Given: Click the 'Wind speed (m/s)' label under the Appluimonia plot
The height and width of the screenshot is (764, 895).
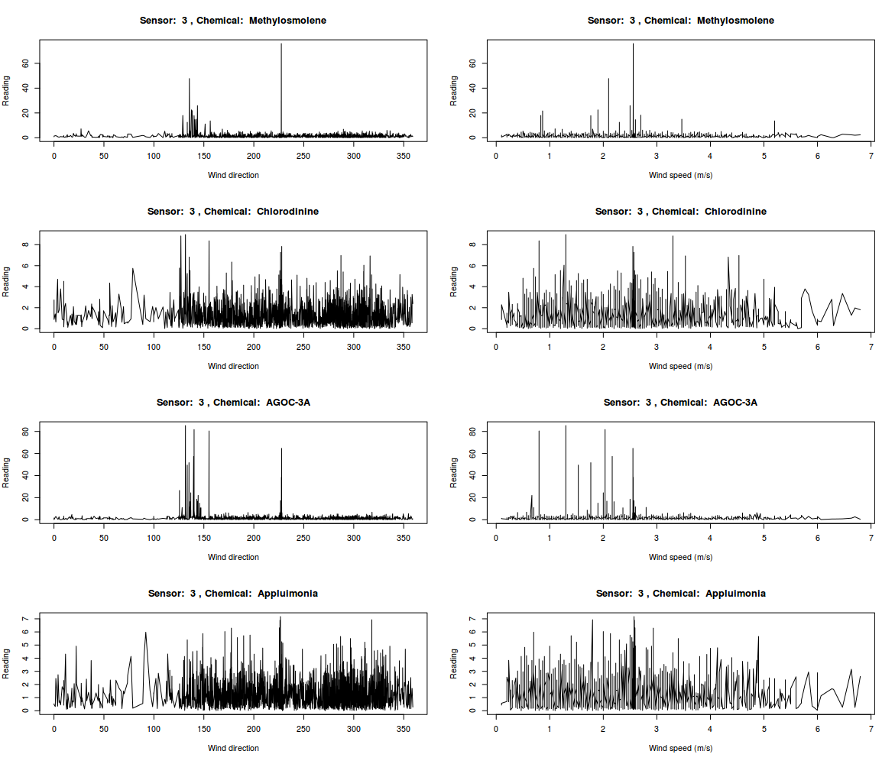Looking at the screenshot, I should pyautogui.click(x=680, y=748).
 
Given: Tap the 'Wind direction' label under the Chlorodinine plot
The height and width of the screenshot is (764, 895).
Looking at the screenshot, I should pyautogui.click(x=233, y=366).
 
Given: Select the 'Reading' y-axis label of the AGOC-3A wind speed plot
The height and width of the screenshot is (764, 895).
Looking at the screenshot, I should pyautogui.click(x=454, y=473).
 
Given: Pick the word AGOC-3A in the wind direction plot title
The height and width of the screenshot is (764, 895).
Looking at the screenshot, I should pyautogui.click(x=287, y=402).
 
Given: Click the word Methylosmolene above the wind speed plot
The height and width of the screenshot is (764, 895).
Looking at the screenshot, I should pyautogui.click(x=735, y=20).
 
